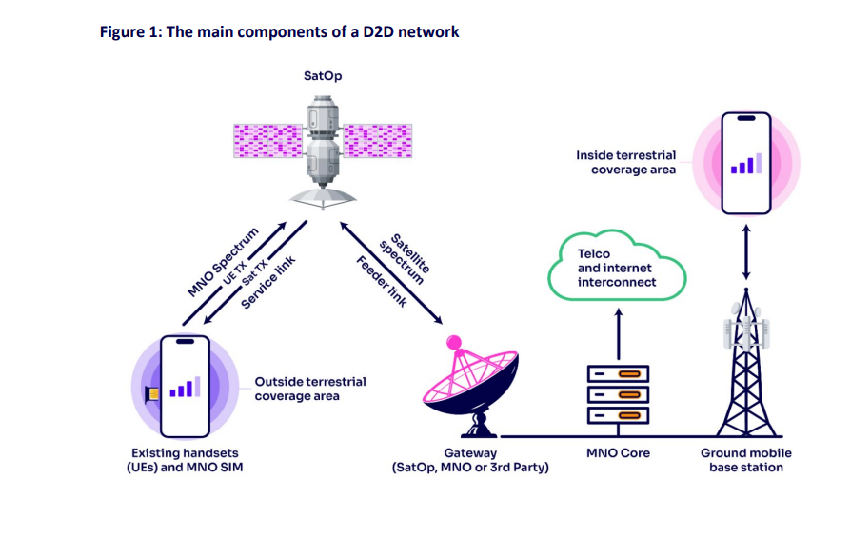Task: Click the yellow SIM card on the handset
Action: [152, 393]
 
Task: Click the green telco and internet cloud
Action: [616, 268]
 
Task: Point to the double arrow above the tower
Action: [744, 250]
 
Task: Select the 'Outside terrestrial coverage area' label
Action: [309, 389]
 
